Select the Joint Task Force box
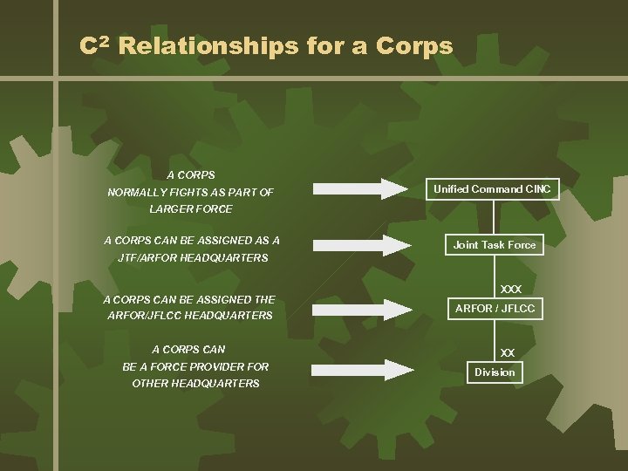pos(495,245)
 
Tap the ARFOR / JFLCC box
pos(495,309)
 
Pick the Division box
pos(495,372)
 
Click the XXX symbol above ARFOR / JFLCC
pos(511,289)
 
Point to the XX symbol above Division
pos(508,353)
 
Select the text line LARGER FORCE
pos(191,209)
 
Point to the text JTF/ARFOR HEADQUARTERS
pos(193,258)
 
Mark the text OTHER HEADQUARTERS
pos(195,384)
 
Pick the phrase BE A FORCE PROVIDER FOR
pos(195,366)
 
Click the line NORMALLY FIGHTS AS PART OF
pos(190,192)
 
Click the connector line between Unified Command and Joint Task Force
pos(495,217)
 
